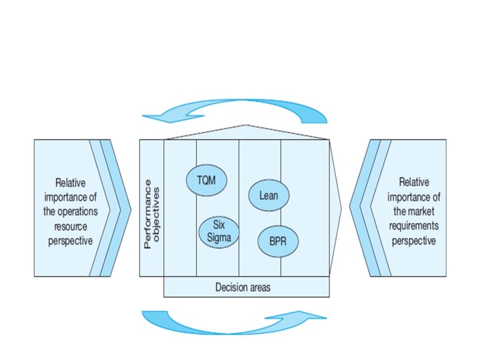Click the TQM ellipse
tap(207, 179)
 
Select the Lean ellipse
tap(269, 195)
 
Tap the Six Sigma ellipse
tap(219, 231)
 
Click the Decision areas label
tap(243, 287)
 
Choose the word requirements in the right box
tap(415, 226)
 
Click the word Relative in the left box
tap(71, 181)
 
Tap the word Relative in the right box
tap(415, 181)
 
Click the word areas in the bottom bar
tap(259, 287)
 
